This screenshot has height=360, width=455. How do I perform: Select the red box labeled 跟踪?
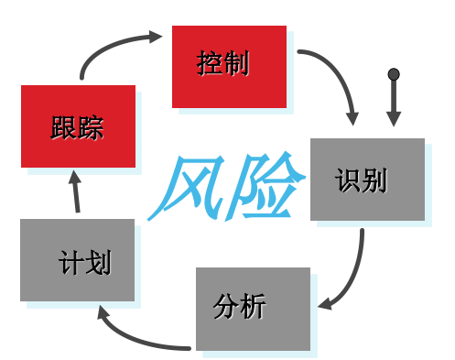[x=78, y=126]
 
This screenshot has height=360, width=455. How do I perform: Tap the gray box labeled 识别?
[x=367, y=180]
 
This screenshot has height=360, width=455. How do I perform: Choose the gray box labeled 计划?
[x=77, y=260]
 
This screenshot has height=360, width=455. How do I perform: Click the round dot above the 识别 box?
[x=394, y=74]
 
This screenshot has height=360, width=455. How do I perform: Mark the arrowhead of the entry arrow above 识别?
[x=394, y=118]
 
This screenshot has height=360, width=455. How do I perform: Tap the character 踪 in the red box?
[x=92, y=127]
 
